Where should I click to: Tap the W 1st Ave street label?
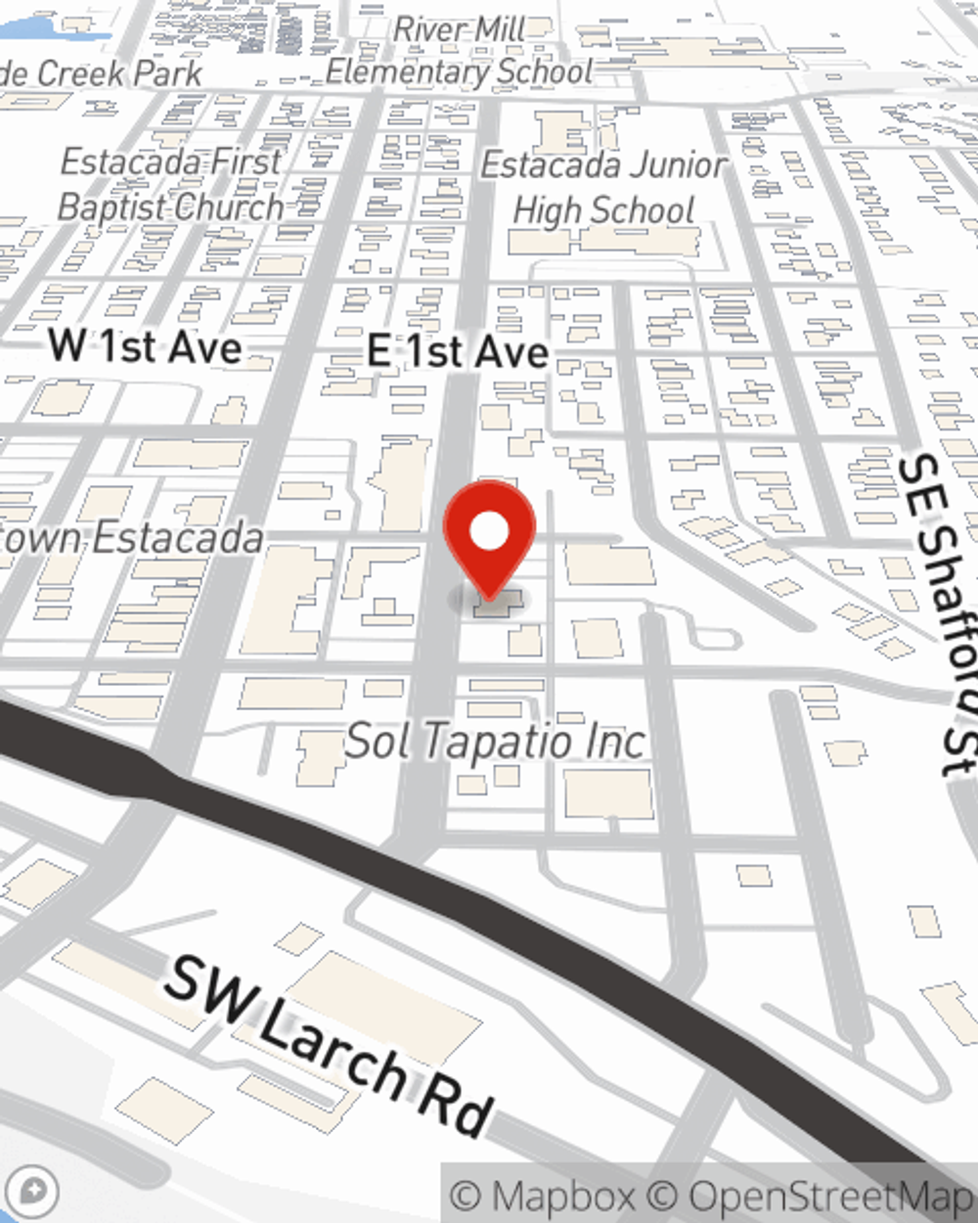pyautogui.click(x=146, y=346)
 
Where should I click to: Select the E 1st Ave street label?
pyautogui.click(x=458, y=351)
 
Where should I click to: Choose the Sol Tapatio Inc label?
pyautogui.click(x=495, y=742)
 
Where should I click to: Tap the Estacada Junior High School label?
pyautogui.click(x=604, y=187)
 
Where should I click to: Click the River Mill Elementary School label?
pyautogui.click(x=460, y=51)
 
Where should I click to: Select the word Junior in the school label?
pyautogui.click(x=667, y=165)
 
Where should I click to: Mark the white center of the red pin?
pyautogui.click(x=489, y=531)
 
